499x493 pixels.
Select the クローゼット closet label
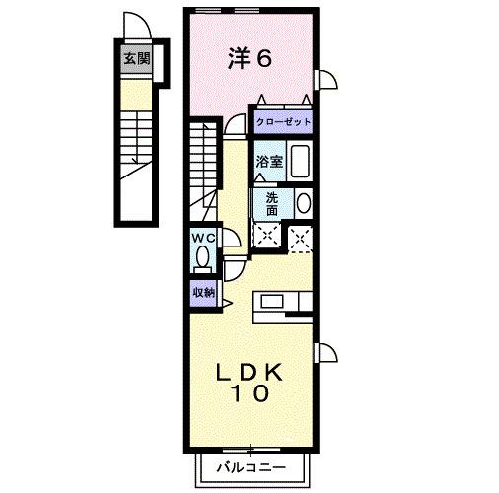coord(283,122)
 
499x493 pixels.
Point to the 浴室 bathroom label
coord(270,162)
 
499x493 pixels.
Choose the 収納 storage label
coord(203,292)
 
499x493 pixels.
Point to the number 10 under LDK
coord(250,394)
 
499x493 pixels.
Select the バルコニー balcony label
coord(250,466)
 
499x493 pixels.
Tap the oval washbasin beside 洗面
coord(303,203)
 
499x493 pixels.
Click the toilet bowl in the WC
coord(203,258)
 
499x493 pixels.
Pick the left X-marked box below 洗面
coord(265,235)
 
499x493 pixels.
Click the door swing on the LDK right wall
coord(326,353)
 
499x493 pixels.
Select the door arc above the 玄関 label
coord(133,26)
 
